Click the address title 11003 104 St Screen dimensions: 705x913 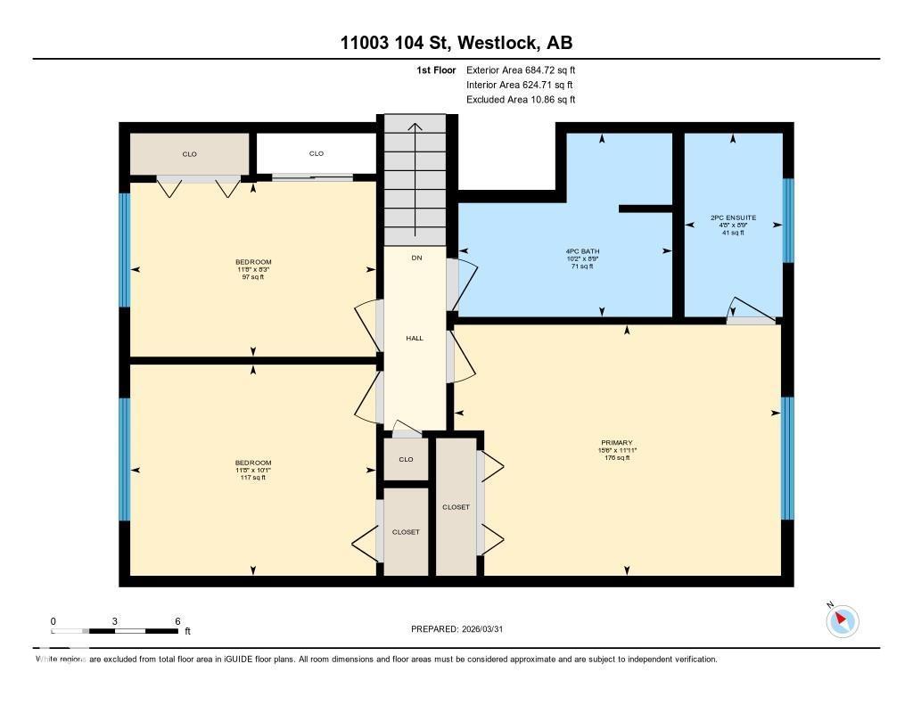456,43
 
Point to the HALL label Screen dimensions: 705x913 415,339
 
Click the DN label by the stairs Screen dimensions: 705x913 415,258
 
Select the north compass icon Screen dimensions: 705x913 842,620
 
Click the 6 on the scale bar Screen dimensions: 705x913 177,621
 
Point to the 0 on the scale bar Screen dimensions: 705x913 53,621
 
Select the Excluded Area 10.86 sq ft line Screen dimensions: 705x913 527,100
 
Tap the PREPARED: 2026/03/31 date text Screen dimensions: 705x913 463,629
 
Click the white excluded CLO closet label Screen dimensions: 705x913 317,154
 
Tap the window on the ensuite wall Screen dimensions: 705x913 787,221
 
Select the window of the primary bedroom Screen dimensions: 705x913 787,458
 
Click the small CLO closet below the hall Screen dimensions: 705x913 406,460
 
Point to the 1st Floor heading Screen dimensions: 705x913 437,70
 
